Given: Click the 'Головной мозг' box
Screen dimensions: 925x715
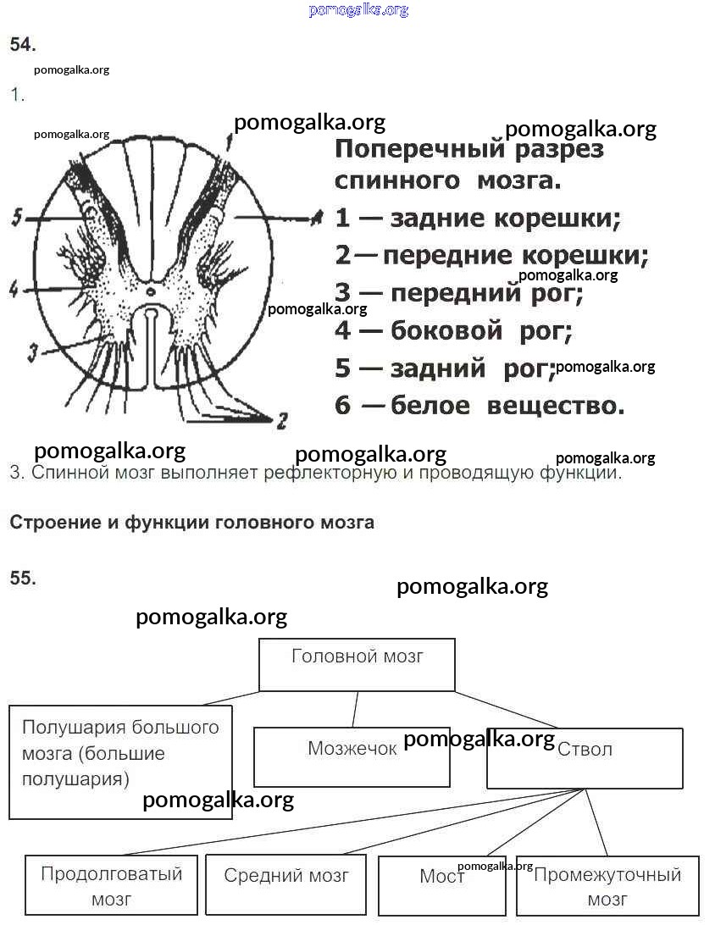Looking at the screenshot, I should [x=357, y=665].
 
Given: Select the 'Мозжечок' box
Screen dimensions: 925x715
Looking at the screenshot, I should [x=352, y=757].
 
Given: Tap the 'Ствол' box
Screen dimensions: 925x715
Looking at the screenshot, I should [x=585, y=758].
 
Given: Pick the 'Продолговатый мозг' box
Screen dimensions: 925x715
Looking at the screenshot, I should [x=111, y=885].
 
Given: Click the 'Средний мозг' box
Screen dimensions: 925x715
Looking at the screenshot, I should [x=285, y=885].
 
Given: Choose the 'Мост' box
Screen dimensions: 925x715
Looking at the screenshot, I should [x=441, y=885].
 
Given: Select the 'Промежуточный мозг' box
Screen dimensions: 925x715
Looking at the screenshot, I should [x=607, y=885].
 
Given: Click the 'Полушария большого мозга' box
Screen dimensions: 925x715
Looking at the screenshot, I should [x=120, y=762].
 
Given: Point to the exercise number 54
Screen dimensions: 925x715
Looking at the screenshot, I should [x=23, y=45].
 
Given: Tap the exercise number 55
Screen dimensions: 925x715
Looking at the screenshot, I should [x=23, y=579].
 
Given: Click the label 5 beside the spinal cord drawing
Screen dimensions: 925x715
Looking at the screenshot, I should [x=16, y=219].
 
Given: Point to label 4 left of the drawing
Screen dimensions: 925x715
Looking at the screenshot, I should [x=14, y=290].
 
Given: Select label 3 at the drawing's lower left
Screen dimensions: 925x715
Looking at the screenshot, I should [x=33, y=349].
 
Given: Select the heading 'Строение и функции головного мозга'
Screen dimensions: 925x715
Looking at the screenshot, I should [x=191, y=523].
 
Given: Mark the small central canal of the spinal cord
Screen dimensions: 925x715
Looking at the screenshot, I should [x=150, y=291].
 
